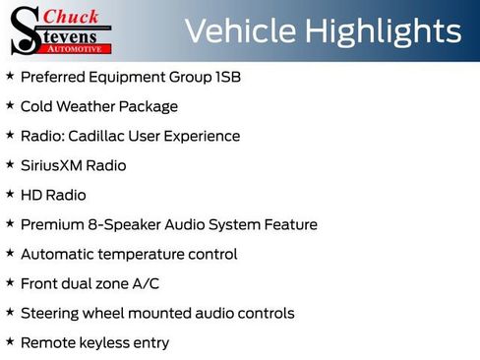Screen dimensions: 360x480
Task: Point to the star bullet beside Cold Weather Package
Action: (10, 105)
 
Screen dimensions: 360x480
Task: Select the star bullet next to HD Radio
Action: (10, 194)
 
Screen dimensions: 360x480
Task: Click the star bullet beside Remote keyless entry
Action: (10, 341)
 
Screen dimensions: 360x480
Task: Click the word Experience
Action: (201, 136)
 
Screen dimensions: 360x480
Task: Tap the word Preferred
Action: (54, 77)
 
